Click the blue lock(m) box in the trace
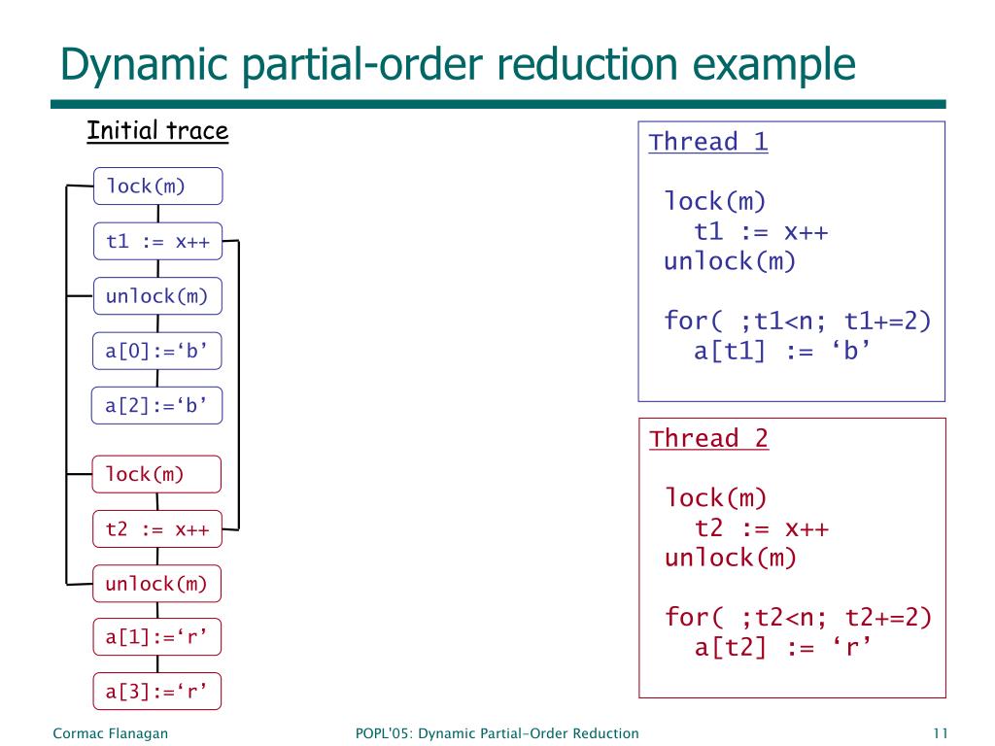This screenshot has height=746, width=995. [157, 186]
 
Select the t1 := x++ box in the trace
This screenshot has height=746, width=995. [157, 242]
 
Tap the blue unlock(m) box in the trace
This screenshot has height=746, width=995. [157, 296]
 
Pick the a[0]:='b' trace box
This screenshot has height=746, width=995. [157, 351]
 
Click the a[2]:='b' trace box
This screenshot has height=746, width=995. [157, 405]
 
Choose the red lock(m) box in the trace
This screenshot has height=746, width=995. [157, 474]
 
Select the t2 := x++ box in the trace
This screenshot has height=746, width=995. [157, 529]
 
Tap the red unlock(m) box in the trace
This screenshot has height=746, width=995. [157, 584]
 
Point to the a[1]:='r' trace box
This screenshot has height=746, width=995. [157, 637]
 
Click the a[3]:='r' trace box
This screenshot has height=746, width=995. [157, 692]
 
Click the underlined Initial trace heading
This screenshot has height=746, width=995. [157, 130]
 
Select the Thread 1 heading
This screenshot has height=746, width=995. [708, 142]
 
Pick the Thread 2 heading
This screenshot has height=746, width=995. [708, 438]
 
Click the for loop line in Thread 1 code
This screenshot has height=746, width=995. [798, 321]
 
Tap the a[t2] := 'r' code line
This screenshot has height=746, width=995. [779, 647]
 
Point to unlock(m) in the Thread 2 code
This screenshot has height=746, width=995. [730, 558]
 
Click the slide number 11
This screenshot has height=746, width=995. [939, 733]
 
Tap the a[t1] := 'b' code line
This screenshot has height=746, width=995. [779, 351]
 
